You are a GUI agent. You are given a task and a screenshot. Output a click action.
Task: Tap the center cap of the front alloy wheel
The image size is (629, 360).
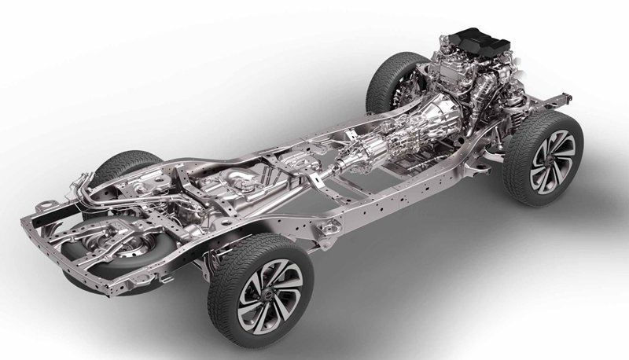coord(551,157)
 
